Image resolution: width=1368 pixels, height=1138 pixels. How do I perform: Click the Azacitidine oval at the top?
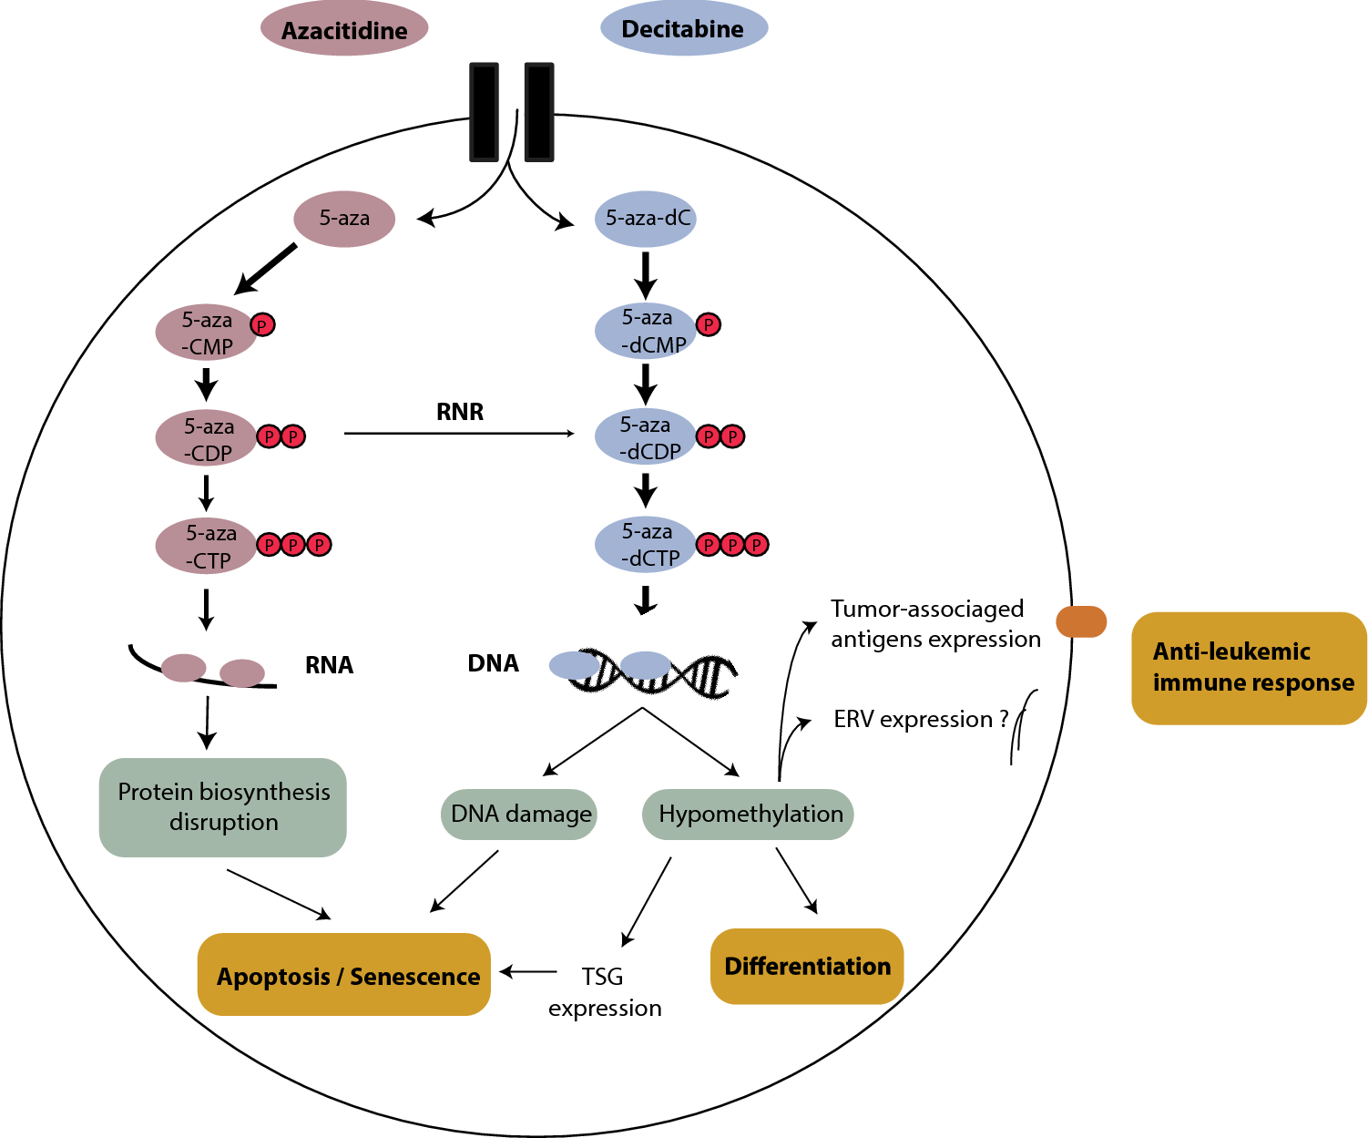pos(344,29)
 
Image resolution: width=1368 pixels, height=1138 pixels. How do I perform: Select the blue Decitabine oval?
pos(683,28)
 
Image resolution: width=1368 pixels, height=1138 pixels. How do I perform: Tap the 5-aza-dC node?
pos(646,219)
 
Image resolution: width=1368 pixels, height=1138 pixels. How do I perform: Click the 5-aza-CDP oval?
pos(207,438)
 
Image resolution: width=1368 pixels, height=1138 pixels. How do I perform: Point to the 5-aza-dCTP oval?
pos(646,544)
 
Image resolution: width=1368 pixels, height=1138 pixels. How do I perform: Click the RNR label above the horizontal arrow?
pos(460,412)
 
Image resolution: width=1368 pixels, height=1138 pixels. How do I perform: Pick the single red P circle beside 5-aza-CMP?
pos(263,324)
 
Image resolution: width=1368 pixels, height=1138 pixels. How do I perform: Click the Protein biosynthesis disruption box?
pos(223,807)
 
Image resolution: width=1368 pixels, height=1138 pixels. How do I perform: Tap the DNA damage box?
pos(520,814)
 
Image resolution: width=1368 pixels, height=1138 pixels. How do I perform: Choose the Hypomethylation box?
pos(749,814)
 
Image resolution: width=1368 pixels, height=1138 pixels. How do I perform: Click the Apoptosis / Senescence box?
pos(345,975)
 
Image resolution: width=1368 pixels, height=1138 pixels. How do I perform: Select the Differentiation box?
pos(807,966)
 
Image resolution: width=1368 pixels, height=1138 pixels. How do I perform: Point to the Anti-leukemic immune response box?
pos(1249,668)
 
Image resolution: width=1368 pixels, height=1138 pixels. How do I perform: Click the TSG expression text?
pos(604,991)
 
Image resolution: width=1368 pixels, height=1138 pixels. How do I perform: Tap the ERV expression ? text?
pos(920,720)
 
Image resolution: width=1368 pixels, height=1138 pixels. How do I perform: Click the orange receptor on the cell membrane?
pos(1081,621)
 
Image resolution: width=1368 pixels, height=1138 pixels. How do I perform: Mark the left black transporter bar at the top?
pos(484,111)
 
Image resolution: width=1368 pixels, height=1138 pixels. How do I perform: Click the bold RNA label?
pos(329,665)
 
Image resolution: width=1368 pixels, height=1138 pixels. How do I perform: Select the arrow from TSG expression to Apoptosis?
pos(528,972)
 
